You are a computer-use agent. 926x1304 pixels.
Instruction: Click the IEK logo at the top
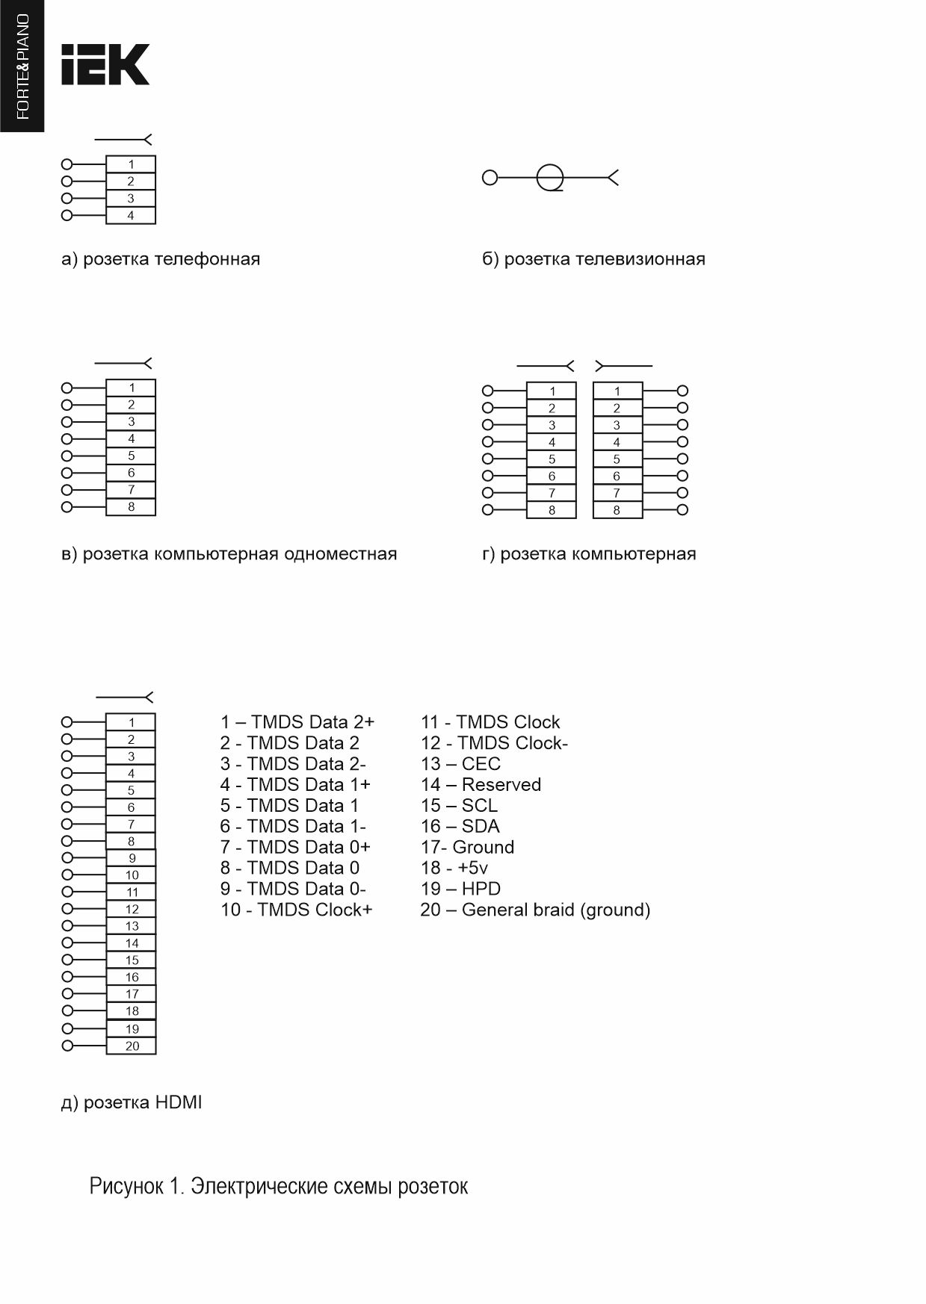pos(105,64)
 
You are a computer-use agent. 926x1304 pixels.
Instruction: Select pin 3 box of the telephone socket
pos(131,199)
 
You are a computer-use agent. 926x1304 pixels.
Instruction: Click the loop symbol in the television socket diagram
pos(550,178)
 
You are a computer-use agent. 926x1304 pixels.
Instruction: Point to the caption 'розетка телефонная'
pos(161,259)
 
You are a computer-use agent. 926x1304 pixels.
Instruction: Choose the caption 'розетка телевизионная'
pos(593,259)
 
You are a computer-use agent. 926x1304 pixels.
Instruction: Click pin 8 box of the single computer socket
pos(131,507)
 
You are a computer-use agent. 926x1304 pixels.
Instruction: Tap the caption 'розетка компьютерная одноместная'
pos(229,554)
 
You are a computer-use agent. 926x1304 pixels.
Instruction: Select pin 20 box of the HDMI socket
pos(132,1046)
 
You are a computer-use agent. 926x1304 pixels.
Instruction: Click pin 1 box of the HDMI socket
pos(131,722)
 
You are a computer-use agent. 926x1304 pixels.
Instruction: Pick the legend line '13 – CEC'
pos(460,764)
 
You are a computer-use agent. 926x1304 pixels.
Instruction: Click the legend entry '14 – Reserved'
pos(481,785)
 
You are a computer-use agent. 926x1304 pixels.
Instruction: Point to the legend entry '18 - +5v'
pos(454,868)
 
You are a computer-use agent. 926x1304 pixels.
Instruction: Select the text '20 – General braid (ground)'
pos(535,910)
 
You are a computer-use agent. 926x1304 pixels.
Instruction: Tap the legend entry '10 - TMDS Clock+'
pos(296,910)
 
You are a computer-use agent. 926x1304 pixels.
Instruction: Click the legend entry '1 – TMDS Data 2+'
pos(297,722)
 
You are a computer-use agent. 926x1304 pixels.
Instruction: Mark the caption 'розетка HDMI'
pos(132,1102)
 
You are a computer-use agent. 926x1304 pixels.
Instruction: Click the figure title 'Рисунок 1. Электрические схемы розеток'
pos(279,1186)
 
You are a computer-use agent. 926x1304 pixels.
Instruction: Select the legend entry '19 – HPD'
pos(460,889)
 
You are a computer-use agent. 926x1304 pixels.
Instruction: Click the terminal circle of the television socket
pos(490,178)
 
